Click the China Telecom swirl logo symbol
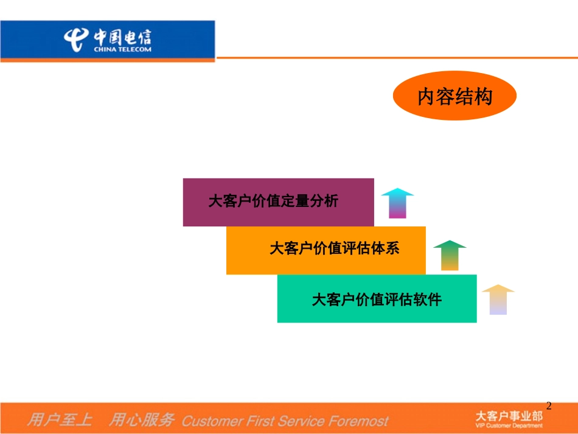(76, 40)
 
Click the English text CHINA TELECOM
(122, 49)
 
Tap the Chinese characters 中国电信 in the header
(122, 37)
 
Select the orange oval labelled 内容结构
(454, 96)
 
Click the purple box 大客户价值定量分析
(278, 202)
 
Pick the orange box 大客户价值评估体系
(326, 250)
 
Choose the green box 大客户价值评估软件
(377, 299)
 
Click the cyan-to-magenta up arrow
(397, 203)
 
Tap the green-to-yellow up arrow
(450, 256)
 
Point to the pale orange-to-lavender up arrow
(498, 299)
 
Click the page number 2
(549, 406)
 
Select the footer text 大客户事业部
(509, 416)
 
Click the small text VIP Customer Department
(509, 425)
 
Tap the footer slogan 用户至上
(60, 419)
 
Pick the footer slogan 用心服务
(142, 419)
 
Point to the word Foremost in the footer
(358, 421)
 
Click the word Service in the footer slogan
(302, 421)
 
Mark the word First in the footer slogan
(261, 421)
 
